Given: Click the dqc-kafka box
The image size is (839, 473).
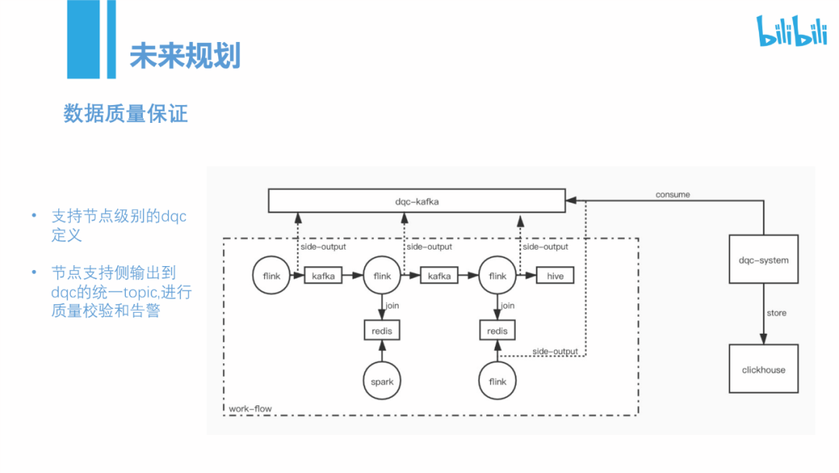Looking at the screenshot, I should coord(416,201).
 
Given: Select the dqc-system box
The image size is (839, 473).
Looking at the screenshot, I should coord(764,260).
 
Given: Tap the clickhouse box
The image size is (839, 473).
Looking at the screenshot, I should coord(764,370).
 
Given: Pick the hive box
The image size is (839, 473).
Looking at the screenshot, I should coord(555,276).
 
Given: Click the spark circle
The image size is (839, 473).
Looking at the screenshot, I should coord(382,381).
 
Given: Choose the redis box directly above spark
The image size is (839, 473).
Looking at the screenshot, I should coord(382,331).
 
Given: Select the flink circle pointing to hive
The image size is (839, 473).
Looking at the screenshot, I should coord(498,276).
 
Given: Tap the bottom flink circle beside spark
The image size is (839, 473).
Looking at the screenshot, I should coord(498,381).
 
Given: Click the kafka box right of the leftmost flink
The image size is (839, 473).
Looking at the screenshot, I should coord(322,276).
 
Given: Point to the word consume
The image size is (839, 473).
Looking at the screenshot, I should coord(672,194).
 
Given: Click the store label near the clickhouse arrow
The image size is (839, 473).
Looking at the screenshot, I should coord(776,313).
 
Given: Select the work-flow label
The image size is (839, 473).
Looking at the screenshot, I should coord(250,408).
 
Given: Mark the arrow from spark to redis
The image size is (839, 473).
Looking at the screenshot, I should coord(382,352).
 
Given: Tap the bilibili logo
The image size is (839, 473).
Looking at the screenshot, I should coord(792,32).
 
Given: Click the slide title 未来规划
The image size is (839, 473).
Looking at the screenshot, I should coord(185,55).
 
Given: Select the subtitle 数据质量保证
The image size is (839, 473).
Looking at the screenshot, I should coord(126,114).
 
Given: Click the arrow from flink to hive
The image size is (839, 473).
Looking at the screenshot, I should coord(527,276).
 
